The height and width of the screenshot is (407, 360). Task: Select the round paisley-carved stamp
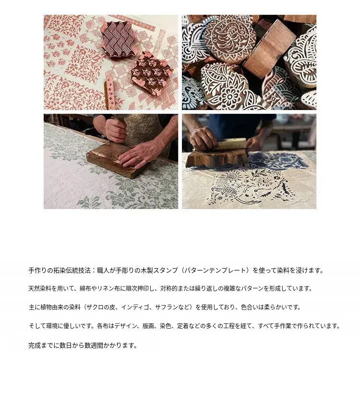pyautogui.click(x=228, y=39)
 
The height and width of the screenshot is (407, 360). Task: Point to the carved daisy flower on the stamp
pyautogui.click(x=229, y=96)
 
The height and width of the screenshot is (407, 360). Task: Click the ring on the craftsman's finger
pyautogui.click(x=138, y=158)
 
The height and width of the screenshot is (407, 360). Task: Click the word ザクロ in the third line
pyautogui.click(x=95, y=308)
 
